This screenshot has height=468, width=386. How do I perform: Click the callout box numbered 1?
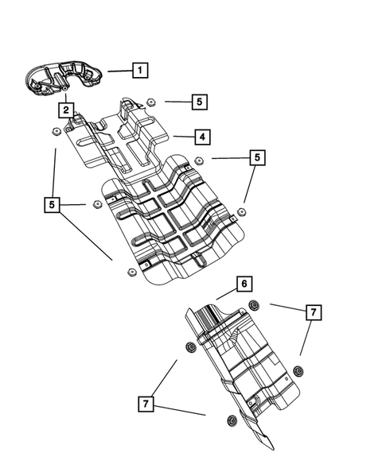click(139, 70)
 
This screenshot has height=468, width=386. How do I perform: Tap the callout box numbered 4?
click(204, 137)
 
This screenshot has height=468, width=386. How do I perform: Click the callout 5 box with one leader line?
click(200, 102)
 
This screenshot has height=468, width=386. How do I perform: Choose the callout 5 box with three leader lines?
click(53, 205)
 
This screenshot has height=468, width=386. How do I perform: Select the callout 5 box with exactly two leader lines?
click(256, 158)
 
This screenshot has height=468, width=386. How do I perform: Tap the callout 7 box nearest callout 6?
click(314, 312)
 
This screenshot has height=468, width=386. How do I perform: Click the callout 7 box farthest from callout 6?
click(146, 404)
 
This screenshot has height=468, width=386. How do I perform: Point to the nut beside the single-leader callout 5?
click(150, 101)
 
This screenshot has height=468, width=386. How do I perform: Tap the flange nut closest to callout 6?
click(254, 307)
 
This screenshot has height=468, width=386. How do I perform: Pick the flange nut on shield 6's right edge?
click(298, 370)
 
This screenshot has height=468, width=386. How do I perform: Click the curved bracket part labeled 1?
click(60, 79)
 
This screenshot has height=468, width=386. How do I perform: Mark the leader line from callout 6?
click(225, 292)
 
